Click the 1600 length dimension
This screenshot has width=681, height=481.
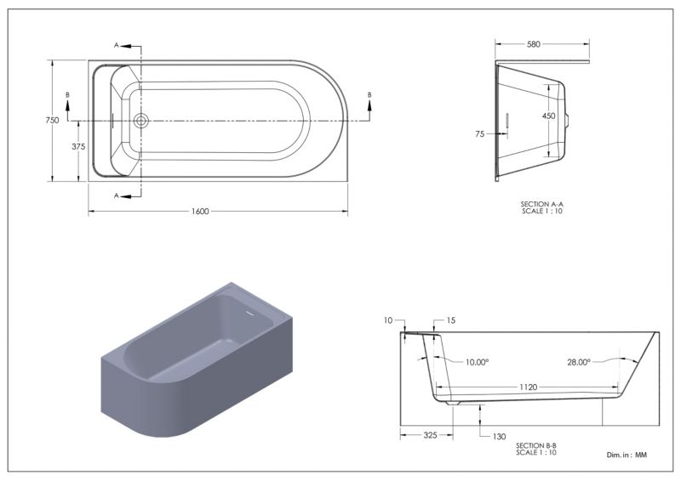click(x=200, y=212)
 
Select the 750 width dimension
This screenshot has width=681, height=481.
click(x=52, y=120)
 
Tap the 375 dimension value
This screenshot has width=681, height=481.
click(x=78, y=147)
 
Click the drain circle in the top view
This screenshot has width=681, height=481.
click(x=140, y=120)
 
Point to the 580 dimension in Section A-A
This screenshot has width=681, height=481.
click(x=534, y=44)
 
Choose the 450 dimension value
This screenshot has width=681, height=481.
click(x=548, y=116)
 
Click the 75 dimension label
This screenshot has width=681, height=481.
click(x=479, y=134)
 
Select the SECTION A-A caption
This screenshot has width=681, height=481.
click(x=542, y=204)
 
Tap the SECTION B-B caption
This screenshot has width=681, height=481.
click(x=536, y=445)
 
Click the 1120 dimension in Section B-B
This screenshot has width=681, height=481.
click(x=529, y=388)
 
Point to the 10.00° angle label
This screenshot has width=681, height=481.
click(x=478, y=362)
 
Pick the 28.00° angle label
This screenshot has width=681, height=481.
click(x=579, y=362)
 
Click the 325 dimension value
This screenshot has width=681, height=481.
click(x=430, y=435)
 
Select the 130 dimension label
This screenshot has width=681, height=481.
click(x=499, y=437)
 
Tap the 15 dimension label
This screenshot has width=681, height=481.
click(x=451, y=320)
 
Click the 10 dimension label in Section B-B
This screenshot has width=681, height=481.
click(x=388, y=320)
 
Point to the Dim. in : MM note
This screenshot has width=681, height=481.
click(x=627, y=455)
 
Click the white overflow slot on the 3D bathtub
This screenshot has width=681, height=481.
click(x=249, y=312)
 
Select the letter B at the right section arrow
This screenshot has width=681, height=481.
click(x=369, y=94)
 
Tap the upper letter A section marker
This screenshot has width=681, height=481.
click(x=117, y=45)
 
